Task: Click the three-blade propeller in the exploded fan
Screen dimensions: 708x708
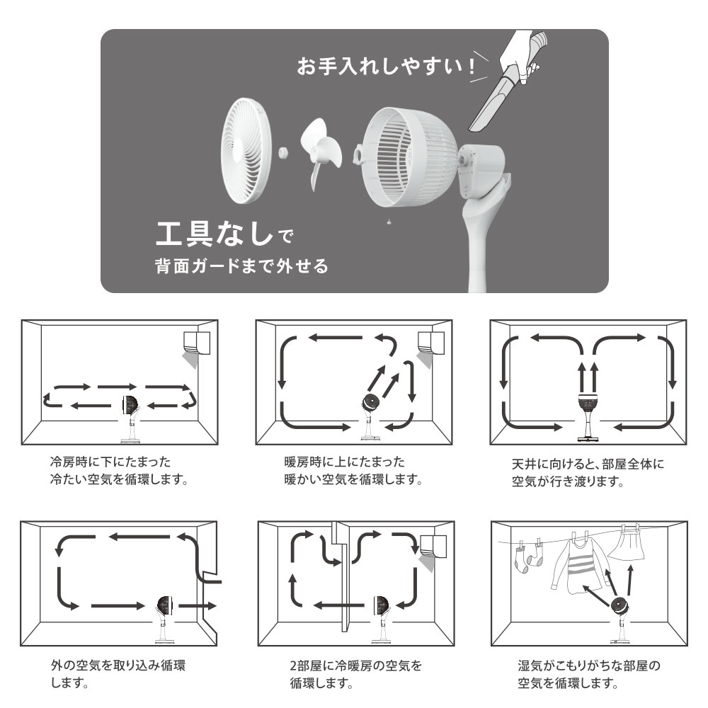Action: pyautogui.click(x=321, y=154)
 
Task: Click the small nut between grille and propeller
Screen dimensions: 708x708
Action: pyautogui.click(x=284, y=152)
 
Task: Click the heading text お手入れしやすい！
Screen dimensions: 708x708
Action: pyautogui.click(x=387, y=67)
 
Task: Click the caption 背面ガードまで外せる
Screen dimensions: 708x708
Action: pyautogui.click(x=241, y=266)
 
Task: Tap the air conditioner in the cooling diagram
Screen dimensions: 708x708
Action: pyautogui.click(x=197, y=344)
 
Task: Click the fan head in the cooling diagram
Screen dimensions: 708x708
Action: pyautogui.click(x=131, y=406)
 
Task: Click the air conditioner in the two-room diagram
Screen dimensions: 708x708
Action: pyautogui.click(x=433, y=547)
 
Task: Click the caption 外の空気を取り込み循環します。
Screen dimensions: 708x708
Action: pyautogui.click(x=118, y=674)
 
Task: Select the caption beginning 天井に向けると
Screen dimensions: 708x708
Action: pyautogui.click(x=588, y=473)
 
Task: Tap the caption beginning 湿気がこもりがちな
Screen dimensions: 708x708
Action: pyautogui.click(x=589, y=674)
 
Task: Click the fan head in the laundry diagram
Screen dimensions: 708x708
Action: pyautogui.click(x=621, y=605)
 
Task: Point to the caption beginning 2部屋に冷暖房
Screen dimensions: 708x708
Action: pyautogui.click(x=356, y=674)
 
